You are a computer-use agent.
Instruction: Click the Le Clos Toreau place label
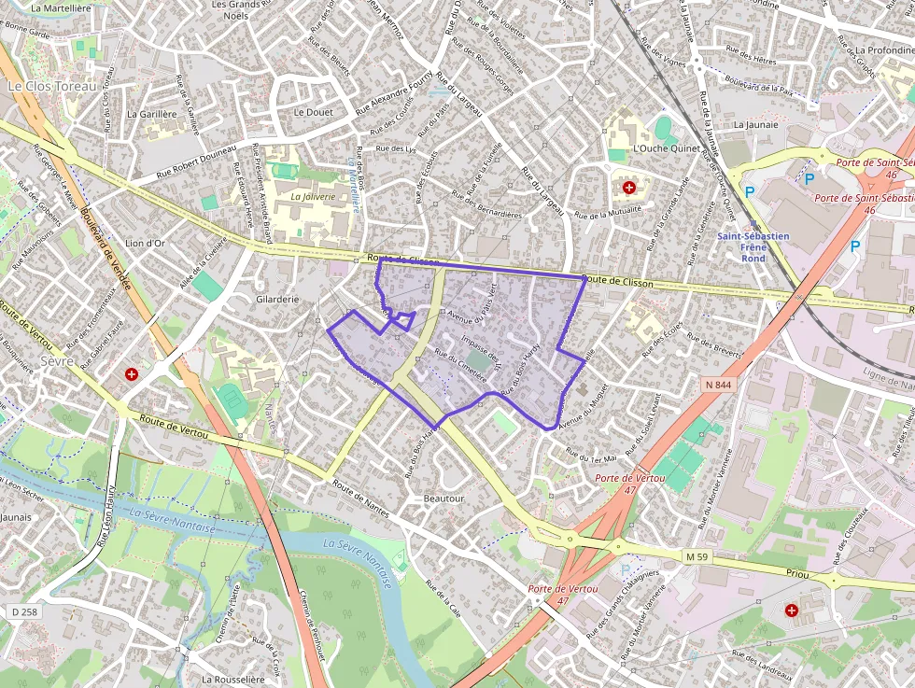pyautogui.click(x=52, y=86)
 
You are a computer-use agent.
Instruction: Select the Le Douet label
pyautogui.click(x=313, y=111)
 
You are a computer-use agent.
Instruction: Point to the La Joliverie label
pyautogui.click(x=312, y=197)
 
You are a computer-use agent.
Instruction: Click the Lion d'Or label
pyautogui.click(x=145, y=244)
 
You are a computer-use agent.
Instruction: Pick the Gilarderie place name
pyautogui.click(x=277, y=300)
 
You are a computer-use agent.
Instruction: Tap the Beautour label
pyautogui.click(x=443, y=498)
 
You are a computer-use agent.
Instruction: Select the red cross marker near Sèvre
pyautogui.click(x=132, y=374)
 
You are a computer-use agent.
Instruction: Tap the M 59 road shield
pyautogui.click(x=697, y=556)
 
